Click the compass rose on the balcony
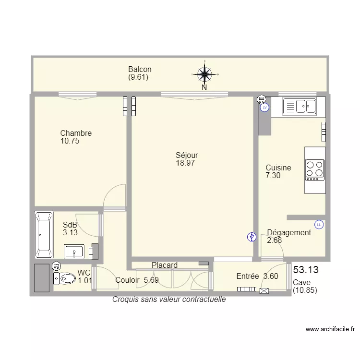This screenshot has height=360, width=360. coord(204,74)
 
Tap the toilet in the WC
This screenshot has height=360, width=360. coord(64,279)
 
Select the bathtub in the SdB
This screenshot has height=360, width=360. coord(44,235)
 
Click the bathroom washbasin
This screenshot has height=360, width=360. coord(74,252)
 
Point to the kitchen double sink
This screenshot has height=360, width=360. coord(300,106)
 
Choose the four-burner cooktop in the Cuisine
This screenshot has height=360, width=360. coord(315,170)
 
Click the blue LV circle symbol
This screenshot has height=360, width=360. coord(264,108)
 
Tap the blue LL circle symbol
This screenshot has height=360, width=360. coord(319,225)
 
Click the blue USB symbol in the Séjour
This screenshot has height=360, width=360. coord(252,237)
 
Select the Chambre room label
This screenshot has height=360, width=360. coord(76,133)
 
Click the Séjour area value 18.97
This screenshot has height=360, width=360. coord(185,163)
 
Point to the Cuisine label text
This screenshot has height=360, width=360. coord(278,168)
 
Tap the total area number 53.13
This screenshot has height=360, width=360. coord(306,270)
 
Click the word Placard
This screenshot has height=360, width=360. coord(165,265)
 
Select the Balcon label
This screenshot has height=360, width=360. coord(140,69)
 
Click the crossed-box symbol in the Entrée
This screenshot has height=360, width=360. coord(264,291)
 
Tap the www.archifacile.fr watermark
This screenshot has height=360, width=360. coord(330,329)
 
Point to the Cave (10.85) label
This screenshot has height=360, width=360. coord(305,286)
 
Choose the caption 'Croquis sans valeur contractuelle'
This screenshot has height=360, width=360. coord(169,300)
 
